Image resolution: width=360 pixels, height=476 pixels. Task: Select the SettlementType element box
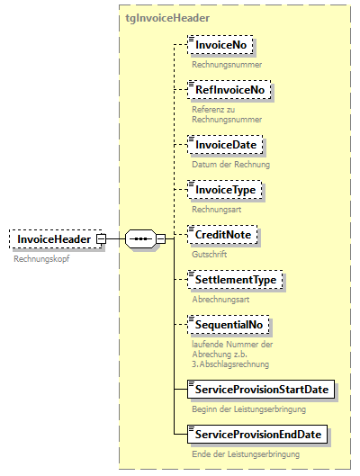tap(235, 280)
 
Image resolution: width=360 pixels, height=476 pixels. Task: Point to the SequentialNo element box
tap(229, 325)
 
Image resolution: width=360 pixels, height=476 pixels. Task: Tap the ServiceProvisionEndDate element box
tap(257, 435)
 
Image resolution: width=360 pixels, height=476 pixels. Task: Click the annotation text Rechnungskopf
tap(40, 258)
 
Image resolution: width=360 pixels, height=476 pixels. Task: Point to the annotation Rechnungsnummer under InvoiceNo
tap(227, 65)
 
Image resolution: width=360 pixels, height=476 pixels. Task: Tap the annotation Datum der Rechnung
tap(230, 165)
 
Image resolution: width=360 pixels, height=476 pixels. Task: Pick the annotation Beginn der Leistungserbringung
tap(248, 409)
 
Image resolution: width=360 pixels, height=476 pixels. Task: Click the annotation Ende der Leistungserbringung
tap(245, 454)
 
